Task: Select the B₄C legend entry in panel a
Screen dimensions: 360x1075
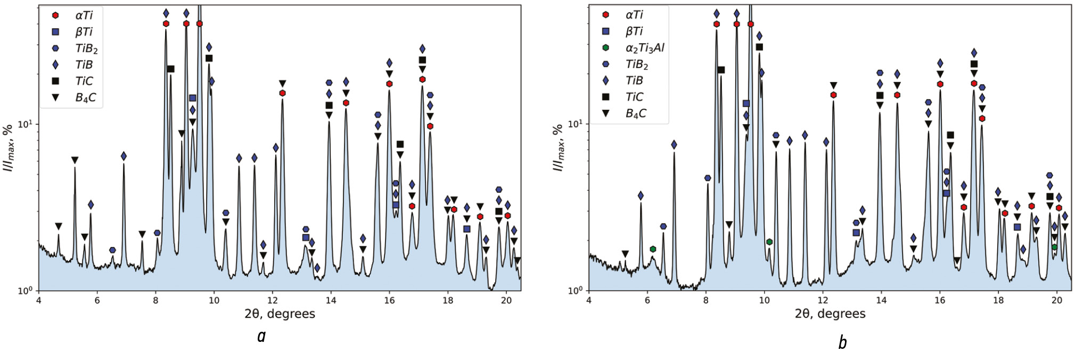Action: (85, 98)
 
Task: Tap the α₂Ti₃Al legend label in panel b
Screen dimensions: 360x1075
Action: (644, 48)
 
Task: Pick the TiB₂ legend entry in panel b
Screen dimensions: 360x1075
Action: (636, 64)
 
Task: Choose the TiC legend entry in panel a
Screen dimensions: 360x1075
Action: (84, 81)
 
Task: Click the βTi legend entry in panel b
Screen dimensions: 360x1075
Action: (634, 31)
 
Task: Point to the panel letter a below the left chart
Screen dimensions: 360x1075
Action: (261, 337)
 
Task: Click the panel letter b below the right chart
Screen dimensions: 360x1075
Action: (842, 342)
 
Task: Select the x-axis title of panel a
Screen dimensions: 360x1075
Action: (280, 314)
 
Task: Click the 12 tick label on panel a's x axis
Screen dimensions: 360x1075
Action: (273, 300)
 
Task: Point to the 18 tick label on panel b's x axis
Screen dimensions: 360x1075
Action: (998, 300)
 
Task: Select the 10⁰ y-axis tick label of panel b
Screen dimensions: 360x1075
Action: (575, 290)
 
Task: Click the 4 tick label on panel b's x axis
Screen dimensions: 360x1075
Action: (589, 300)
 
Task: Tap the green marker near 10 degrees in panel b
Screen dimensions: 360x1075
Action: (769, 242)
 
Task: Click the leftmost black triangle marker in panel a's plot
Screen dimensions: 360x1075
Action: (59, 226)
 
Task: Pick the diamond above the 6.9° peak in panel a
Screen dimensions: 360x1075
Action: (124, 156)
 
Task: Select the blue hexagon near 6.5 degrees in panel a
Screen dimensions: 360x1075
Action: (112, 250)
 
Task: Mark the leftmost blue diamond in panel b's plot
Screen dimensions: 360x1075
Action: (641, 195)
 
